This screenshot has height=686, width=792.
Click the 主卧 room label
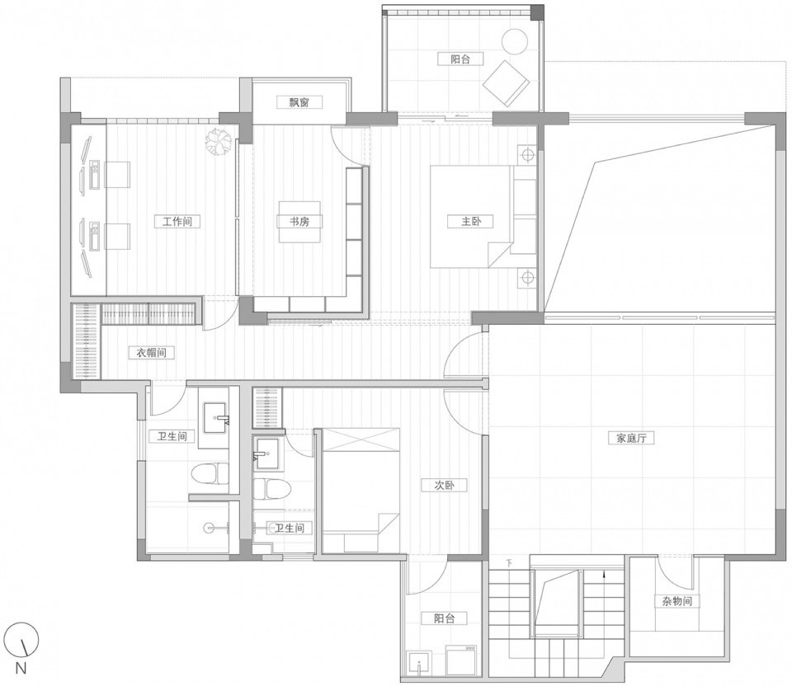point(470,221)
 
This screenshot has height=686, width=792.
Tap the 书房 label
point(299,221)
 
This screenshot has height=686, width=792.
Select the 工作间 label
point(177,221)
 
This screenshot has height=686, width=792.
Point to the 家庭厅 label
point(631,438)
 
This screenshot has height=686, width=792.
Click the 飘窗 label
point(299,102)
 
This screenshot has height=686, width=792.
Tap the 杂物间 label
point(677,601)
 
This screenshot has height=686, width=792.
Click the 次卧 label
point(444,485)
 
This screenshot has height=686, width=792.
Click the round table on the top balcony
point(514,41)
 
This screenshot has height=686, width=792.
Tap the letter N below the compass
point(21,669)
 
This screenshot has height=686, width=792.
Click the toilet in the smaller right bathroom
point(271,488)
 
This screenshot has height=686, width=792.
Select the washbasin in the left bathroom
point(217,418)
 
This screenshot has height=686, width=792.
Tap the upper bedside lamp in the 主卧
point(527,154)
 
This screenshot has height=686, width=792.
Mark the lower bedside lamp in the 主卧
point(527,278)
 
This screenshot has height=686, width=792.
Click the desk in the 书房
point(299,222)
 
